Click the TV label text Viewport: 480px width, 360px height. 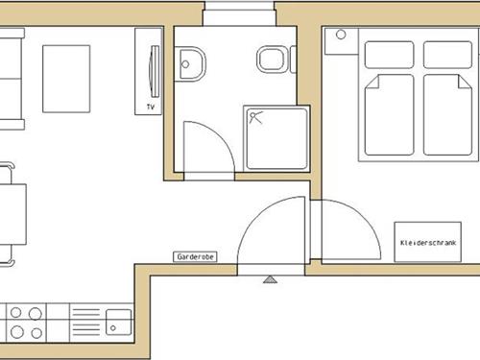click(151, 107)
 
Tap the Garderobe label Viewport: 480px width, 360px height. click(195, 256)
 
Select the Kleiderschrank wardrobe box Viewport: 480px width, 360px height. click(428, 242)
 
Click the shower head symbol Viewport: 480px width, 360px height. click(255, 117)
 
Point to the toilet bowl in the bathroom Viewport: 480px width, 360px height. click(271, 60)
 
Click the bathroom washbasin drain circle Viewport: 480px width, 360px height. click(185, 64)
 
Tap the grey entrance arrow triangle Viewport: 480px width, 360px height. click(271, 279)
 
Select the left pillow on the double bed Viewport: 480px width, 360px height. click(389, 55)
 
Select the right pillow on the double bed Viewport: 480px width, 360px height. click(447, 55)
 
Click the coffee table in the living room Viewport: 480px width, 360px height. click(66, 79)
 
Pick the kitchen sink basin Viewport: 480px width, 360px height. click(119, 322)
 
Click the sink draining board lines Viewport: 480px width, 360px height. click(86, 322)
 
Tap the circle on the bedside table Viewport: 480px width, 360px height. click(341, 35)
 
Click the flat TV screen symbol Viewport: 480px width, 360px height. click(155, 71)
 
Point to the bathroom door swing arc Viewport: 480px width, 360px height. click(222, 135)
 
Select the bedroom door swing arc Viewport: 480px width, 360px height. click(365, 218)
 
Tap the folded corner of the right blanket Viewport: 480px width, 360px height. click(465, 82)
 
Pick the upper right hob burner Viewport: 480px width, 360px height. click(36, 314)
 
